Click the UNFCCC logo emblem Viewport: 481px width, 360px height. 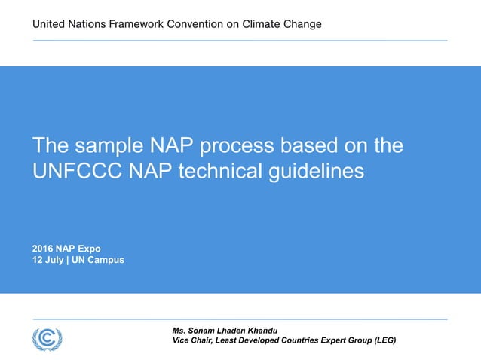(x=47, y=338)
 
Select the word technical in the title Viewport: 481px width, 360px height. (x=224, y=171)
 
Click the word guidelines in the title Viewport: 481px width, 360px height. (x=317, y=171)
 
